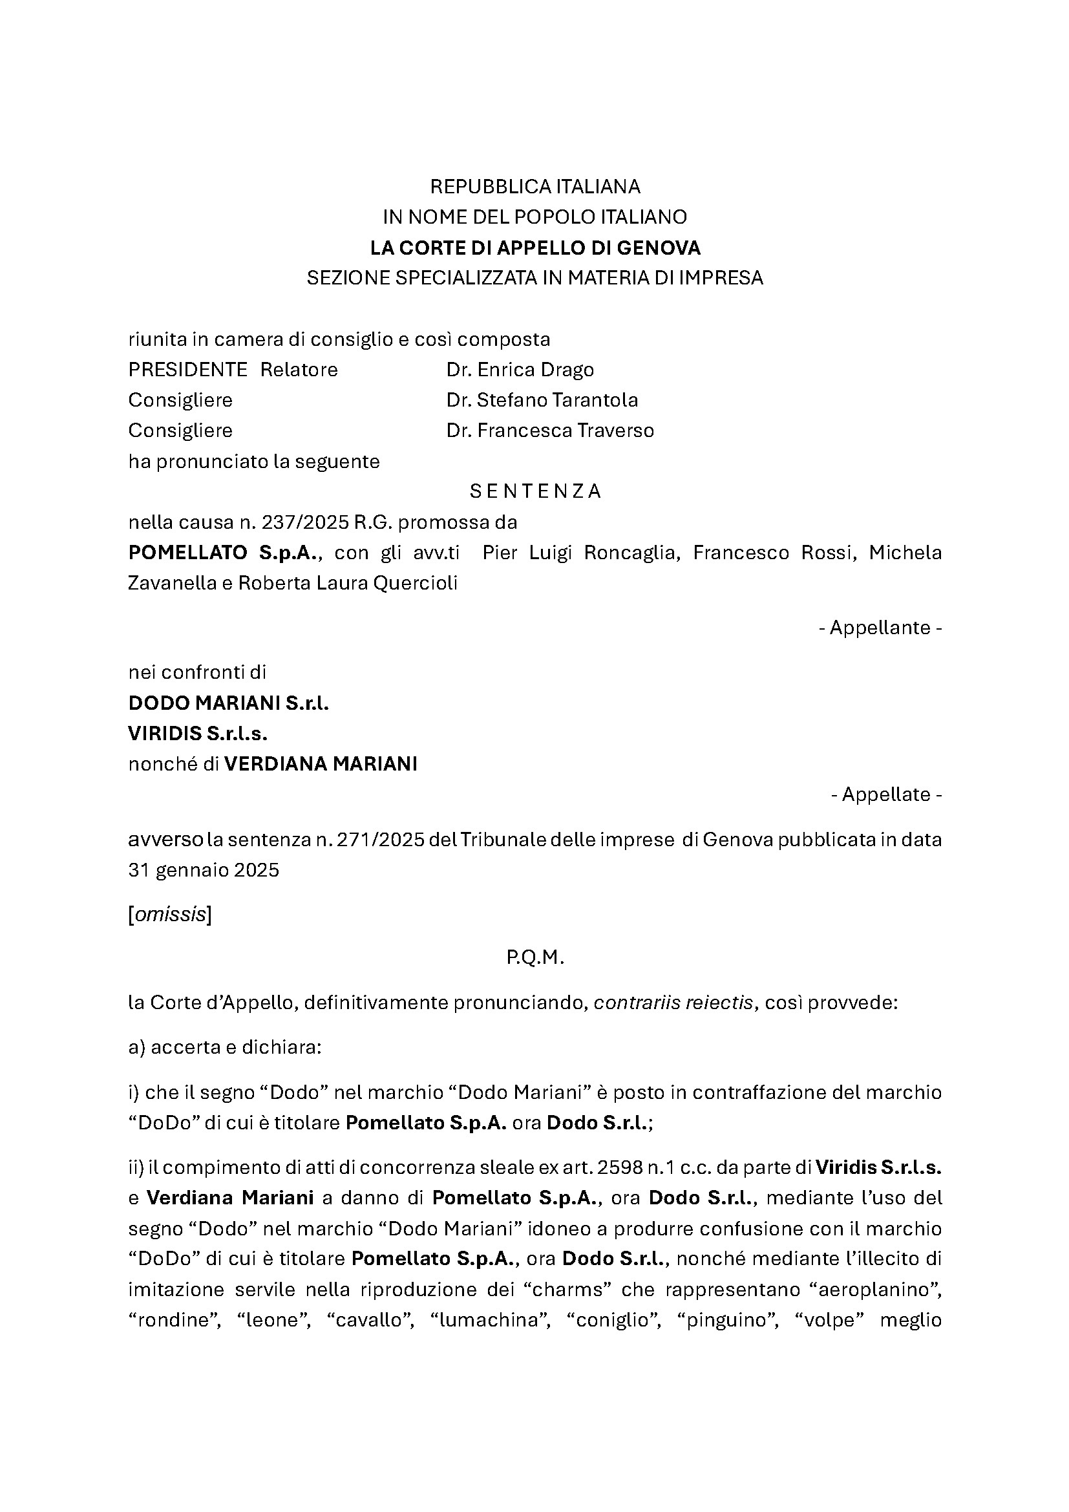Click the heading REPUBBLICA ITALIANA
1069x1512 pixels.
point(534,187)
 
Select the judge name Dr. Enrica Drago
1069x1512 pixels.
point(520,370)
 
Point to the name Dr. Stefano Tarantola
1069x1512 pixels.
point(542,400)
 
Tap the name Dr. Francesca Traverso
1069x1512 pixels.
point(549,431)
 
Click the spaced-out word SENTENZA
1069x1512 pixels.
point(535,491)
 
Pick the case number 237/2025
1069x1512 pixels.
point(305,522)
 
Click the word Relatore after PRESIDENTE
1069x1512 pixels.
point(299,370)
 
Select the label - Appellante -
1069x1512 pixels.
point(880,628)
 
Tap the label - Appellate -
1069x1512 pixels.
point(886,794)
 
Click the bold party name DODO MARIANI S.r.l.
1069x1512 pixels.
point(228,703)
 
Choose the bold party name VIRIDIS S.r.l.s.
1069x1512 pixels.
point(198,734)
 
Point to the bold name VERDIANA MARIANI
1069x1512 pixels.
point(321,764)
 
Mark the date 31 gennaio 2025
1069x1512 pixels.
point(204,871)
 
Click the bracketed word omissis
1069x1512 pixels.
point(170,915)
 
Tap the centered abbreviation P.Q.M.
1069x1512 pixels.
point(535,958)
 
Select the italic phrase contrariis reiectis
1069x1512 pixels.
point(673,1003)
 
